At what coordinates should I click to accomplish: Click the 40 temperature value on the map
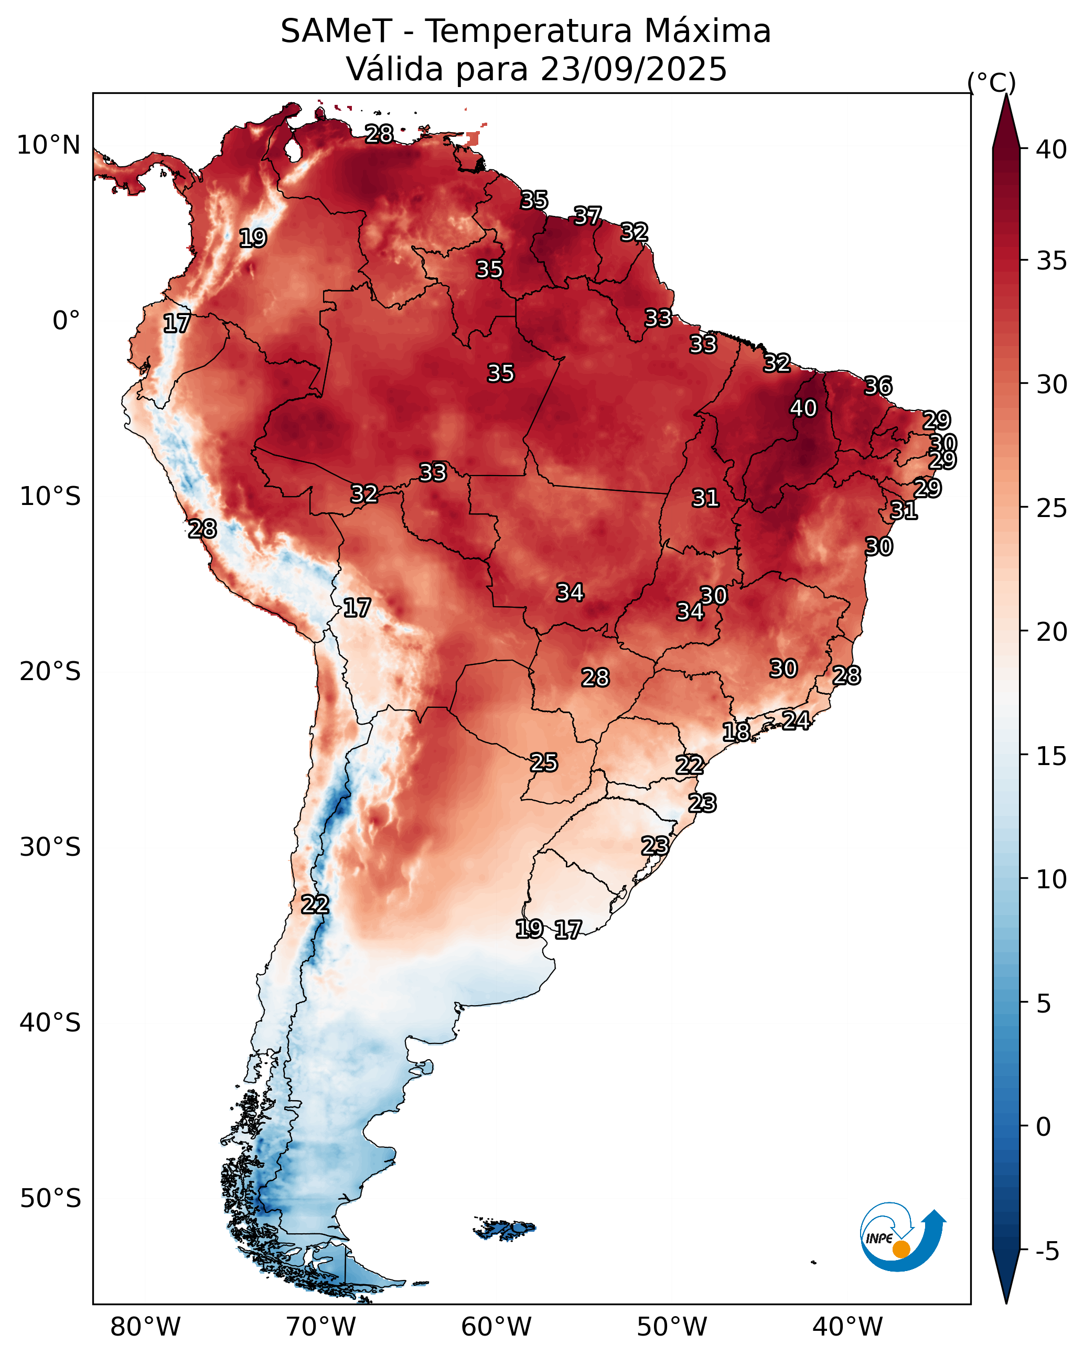[x=803, y=408]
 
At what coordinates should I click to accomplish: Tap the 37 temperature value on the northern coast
[x=587, y=216]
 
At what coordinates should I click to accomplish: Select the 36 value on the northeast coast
[x=878, y=385]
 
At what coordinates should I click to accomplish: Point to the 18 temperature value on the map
[x=736, y=731]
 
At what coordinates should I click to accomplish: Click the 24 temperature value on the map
[x=796, y=720]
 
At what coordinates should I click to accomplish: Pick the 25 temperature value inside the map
[x=543, y=762]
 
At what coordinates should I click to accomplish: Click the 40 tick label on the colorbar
[x=1051, y=149]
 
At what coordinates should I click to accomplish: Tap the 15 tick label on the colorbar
[x=1051, y=756]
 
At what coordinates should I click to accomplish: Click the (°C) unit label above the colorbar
[x=992, y=82]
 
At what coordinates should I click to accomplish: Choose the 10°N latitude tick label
[x=48, y=145]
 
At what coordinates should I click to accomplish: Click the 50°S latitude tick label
[x=50, y=1199]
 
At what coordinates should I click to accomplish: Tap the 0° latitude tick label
[x=66, y=321]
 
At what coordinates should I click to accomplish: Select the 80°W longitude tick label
[x=145, y=1327]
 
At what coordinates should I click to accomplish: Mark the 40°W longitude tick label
[x=847, y=1327]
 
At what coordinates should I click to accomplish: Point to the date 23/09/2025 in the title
[x=634, y=69]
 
